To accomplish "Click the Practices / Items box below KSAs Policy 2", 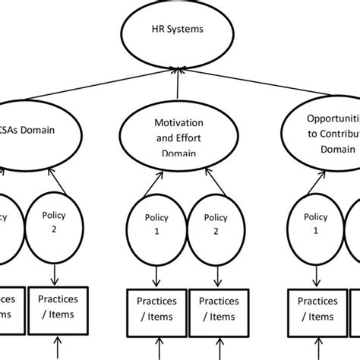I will (x=58, y=309).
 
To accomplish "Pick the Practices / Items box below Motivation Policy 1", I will (x=155, y=310).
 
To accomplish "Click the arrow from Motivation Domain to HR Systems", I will (x=179, y=87).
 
